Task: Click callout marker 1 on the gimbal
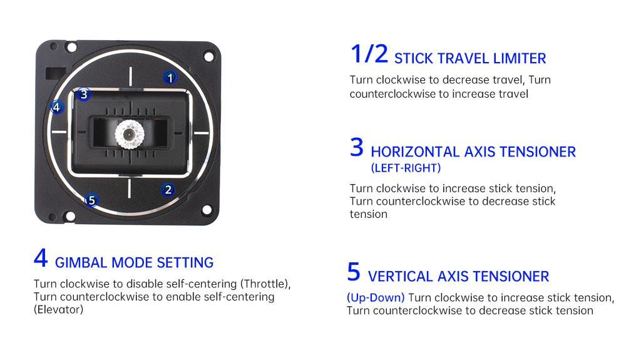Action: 170,77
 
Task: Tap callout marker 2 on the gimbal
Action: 168,190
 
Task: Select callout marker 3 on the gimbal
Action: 84,95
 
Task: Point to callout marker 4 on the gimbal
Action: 57,107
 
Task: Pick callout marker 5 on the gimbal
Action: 91,200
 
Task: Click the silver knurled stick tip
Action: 129,134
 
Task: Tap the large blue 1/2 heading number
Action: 369,54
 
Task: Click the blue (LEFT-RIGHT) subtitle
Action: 406,168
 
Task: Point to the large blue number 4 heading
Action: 41,258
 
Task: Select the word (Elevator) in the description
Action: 58,310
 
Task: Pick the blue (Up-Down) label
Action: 376,298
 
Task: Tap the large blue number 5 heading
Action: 354,272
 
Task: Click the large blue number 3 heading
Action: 356,147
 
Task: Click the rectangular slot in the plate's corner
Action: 56,73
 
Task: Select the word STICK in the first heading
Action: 414,58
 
